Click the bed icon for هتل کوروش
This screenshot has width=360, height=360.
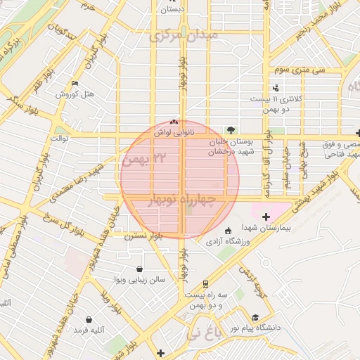pyautogui.click(x=75, y=82)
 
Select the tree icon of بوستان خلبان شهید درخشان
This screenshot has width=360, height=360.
pyautogui.click(x=231, y=129)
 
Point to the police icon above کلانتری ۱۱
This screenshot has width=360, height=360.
pyautogui.click(x=276, y=88)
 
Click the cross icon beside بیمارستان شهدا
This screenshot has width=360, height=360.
pyautogui.click(x=265, y=217)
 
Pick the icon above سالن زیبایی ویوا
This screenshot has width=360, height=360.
pyautogui.click(x=140, y=269)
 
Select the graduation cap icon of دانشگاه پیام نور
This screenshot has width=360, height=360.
pyautogui.click(x=256, y=317)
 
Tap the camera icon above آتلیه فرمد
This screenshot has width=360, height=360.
pyautogui.click(x=89, y=319)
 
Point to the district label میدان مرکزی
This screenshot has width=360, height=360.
pyautogui.click(x=185, y=34)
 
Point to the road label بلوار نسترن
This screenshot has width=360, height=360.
pyautogui.click(x=144, y=237)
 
